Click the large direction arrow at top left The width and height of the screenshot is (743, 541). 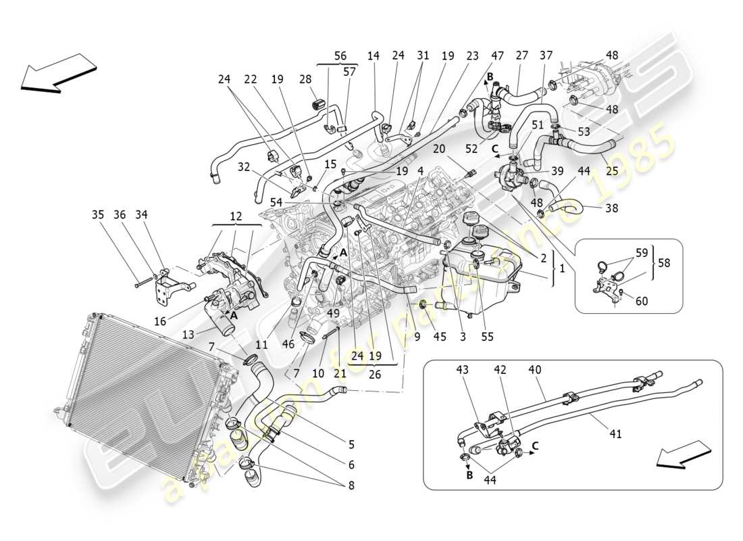click(x=57, y=72)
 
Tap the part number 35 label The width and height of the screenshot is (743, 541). click(x=98, y=215)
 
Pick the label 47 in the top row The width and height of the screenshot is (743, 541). click(x=496, y=56)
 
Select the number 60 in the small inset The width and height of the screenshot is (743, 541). click(x=641, y=301)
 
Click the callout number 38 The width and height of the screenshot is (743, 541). click(x=611, y=209)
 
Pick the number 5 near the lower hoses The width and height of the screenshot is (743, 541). click(x=351, y=444)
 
